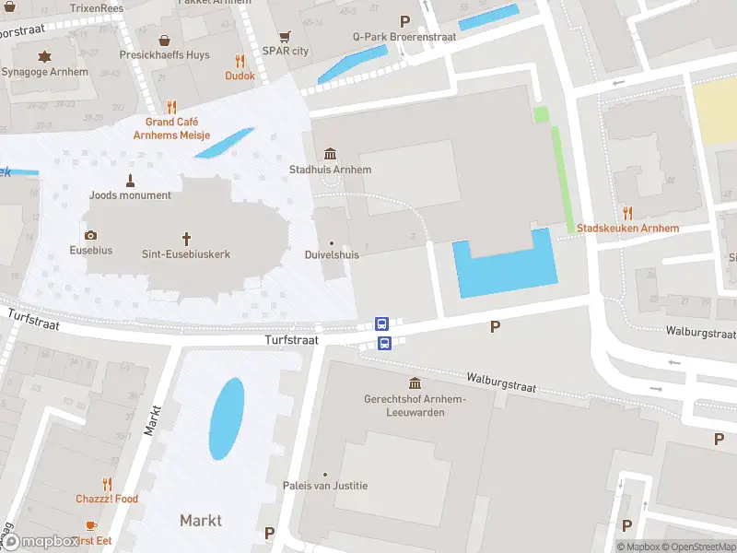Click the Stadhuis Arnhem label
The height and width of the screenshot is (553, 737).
click(331, 170)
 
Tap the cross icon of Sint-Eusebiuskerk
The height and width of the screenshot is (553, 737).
click(186, 237)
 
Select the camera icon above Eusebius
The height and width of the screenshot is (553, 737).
click(90, 236)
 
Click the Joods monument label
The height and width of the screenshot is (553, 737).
click(131, 194)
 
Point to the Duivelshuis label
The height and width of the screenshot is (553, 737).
click(332, 254)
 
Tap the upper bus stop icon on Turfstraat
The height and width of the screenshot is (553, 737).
click(381, 324)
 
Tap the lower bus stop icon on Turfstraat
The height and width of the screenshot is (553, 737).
click(385, 344)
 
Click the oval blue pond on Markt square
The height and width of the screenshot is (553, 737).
click(227, 418)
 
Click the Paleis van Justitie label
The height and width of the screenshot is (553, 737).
click(325, 486)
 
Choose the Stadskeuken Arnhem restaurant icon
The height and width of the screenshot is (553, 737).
click(627, 213)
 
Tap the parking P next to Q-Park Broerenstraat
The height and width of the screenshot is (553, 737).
click(404, 21)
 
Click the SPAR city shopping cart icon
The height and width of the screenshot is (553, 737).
click(285, 37)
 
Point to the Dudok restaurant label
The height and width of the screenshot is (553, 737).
click(240, 76)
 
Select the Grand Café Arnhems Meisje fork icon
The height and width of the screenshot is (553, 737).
click(171, 107)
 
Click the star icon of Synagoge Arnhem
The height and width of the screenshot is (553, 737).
click(43, 57)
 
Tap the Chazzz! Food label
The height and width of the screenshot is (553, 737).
click(107, 499)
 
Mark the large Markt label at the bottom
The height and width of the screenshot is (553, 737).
click(201, 521)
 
